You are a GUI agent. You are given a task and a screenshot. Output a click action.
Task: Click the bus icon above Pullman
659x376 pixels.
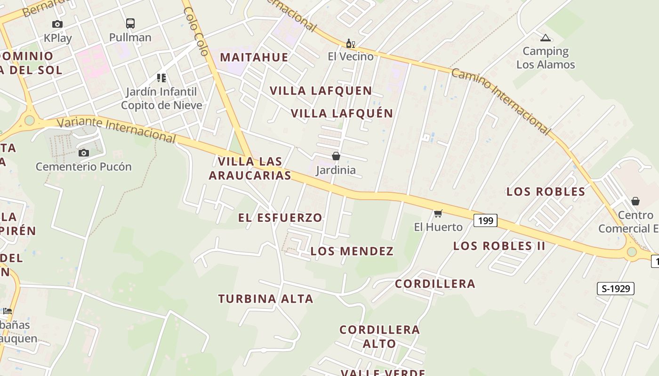130,23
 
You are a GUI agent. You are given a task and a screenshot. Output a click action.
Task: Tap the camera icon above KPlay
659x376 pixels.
57,24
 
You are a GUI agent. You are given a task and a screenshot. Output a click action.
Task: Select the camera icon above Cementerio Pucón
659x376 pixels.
84,153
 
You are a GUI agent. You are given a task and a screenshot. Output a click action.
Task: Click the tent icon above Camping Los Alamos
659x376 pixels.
546,38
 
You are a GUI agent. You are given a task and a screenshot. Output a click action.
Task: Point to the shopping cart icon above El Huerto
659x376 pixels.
438,213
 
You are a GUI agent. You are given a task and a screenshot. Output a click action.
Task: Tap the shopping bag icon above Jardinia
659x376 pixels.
336,156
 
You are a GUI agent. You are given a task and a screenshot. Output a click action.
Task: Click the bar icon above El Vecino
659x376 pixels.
351,44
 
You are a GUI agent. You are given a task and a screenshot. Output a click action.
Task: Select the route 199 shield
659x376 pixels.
485,220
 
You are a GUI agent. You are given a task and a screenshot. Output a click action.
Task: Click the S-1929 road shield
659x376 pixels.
616,289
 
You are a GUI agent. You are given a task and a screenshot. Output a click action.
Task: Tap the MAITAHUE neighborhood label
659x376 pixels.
254,57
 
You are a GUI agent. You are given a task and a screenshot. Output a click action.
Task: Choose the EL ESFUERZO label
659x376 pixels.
280,218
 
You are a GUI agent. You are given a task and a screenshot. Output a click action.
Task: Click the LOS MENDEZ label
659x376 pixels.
352,251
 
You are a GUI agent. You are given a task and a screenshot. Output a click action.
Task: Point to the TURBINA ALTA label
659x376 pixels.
265,298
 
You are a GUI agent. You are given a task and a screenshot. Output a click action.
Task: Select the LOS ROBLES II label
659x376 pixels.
499,246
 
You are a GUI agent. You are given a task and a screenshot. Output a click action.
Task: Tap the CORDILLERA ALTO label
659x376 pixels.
379,337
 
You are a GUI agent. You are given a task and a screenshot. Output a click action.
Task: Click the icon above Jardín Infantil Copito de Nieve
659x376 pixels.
161,78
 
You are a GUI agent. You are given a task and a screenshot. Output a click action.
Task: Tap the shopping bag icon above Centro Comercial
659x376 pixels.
635,201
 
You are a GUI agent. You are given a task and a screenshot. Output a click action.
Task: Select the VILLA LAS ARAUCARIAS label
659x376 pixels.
250,168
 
